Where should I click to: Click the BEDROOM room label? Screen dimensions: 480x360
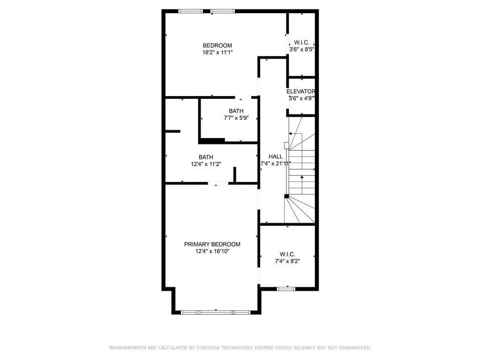pyautogui.click(x=217, y=45)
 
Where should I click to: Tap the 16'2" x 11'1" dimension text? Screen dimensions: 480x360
pyautogui.click(x=217, y=52)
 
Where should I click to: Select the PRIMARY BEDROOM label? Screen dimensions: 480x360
pyautogui.click(x=212, y=244)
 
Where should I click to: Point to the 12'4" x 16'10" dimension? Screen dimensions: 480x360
pyautogui.click(x=212, y=251)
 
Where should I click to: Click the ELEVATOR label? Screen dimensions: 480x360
pyautogui.click(x=300, y=91)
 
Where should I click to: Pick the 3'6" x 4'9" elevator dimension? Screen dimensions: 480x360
pyautogui.click(x=302, y=98)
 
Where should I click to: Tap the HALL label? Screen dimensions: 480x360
pyautogui.click(x=276, y=157)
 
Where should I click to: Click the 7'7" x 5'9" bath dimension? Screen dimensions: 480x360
pyautogui.click(x=236, y=118)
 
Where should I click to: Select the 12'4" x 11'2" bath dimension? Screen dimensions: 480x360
pyautogui.click(x=206, y=164)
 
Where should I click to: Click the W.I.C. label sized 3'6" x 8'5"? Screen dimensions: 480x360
pyautogui.click(x=301, y=43)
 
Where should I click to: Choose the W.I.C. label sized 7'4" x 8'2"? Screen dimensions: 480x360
pyautogui.click(x=287, y=255)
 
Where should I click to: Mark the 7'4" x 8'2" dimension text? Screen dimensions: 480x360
pyautogui.click(x=287, y=262)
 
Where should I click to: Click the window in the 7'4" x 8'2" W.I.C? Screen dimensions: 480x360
pyautogui.click(x=286, y=288)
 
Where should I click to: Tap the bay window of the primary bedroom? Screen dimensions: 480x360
pyautogui.click(x=216, y=312)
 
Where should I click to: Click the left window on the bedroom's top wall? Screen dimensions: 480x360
pyautogui.click(x=190, y=11)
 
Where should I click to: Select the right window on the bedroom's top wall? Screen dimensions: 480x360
pyautogui.click(x=223, y=11)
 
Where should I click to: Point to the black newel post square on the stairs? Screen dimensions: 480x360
pyautogui.click(x=286, y=196)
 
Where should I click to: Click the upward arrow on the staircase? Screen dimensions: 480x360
pyautogui.click(x=302, y=185)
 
